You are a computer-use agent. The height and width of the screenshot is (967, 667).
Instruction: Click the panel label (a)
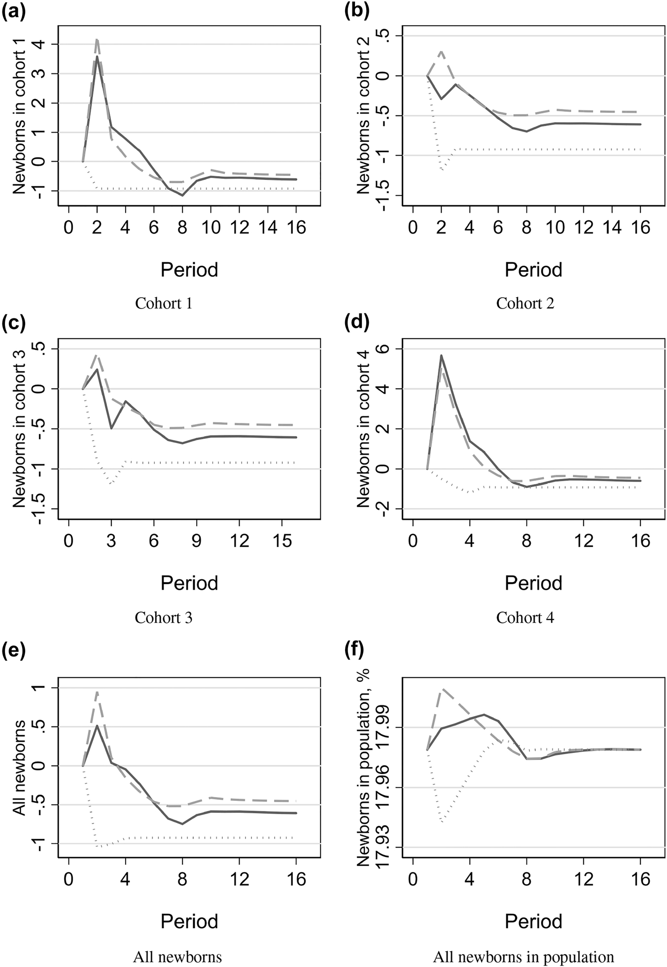tap(13, 11)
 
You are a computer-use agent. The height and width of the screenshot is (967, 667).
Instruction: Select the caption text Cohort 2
tap(525, 303)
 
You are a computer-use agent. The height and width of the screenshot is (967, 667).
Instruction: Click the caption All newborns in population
tap(524, 957)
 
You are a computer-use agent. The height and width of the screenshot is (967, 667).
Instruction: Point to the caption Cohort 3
tap(163, 617)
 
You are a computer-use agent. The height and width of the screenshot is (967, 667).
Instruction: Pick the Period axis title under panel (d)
tap(533, 583)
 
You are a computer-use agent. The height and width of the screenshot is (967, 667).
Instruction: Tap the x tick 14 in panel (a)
tap(267, 227)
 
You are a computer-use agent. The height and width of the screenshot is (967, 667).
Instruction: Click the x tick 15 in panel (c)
tap(281, 541)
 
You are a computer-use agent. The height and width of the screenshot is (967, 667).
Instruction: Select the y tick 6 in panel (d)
tap(386, 348)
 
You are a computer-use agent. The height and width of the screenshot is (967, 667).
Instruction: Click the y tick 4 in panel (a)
tap(41, 44)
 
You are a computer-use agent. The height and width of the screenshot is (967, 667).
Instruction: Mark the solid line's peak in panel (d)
tap(441, 355)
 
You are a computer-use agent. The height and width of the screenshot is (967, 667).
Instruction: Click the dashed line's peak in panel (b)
tap(441, 51)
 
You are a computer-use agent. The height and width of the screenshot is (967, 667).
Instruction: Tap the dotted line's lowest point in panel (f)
tap(442, 822)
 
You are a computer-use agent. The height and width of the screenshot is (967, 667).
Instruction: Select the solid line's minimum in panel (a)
tap(182, 196)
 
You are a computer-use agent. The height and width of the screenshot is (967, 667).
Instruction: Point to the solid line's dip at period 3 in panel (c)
tap(111, 428)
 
